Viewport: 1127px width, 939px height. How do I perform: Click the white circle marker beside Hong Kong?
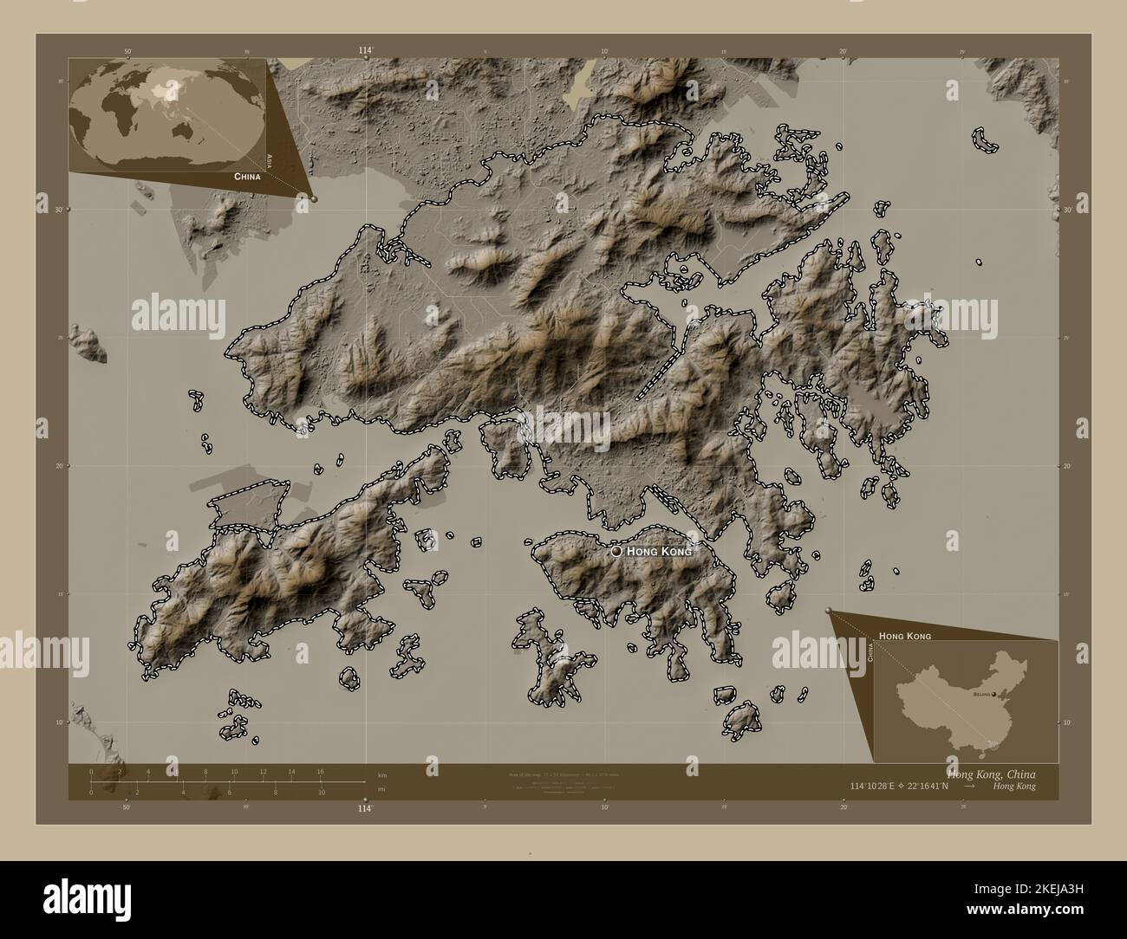coord(616,550)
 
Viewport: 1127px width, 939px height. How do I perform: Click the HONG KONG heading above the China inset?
coord(905,636)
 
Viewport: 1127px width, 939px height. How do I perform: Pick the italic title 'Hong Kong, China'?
coord(991,773)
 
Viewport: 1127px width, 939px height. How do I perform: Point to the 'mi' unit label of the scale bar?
coord(382,792)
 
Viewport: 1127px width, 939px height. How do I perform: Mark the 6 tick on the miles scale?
coord(229,792)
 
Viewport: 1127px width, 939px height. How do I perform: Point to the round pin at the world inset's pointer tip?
coord(314,198)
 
